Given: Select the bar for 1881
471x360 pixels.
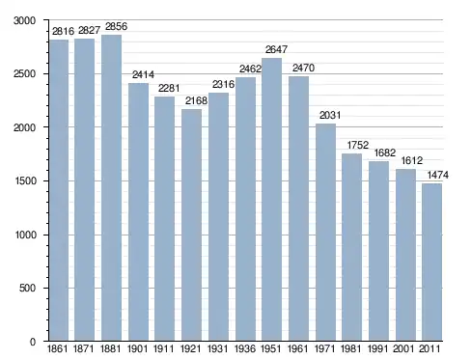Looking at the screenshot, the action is point(111,187).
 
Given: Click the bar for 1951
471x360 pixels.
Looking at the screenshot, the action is point(271,199).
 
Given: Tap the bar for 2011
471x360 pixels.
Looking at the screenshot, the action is point(431,262).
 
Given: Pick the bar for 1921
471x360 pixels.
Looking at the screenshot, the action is point(191,225).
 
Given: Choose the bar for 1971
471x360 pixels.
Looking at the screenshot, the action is point(325,232).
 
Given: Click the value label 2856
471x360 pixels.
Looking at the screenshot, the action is point(116,26).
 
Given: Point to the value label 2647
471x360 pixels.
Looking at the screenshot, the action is point(276,49).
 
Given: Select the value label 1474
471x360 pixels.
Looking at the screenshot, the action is point(437,175).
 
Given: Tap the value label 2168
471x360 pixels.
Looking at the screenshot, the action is point(196,100).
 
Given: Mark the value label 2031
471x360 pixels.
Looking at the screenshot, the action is point(330,115).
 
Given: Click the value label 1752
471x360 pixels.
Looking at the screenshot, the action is point(358,145).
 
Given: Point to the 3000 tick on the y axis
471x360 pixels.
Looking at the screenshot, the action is point(24,20).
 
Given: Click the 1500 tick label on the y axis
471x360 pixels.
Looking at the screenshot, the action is point(25,180).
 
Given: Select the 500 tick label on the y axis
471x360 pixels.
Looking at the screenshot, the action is point(27,288).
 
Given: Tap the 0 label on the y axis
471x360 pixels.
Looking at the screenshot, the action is point(33,342).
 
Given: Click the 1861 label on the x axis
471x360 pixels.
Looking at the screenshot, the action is point(57,348).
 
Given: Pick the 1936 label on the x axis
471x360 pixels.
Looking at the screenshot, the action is point(245,348).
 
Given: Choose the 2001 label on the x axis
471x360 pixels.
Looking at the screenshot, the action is point(403,348).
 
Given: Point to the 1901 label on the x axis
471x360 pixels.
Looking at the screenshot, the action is point(137,348).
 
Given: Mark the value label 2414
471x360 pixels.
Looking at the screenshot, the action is point(143,74).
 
